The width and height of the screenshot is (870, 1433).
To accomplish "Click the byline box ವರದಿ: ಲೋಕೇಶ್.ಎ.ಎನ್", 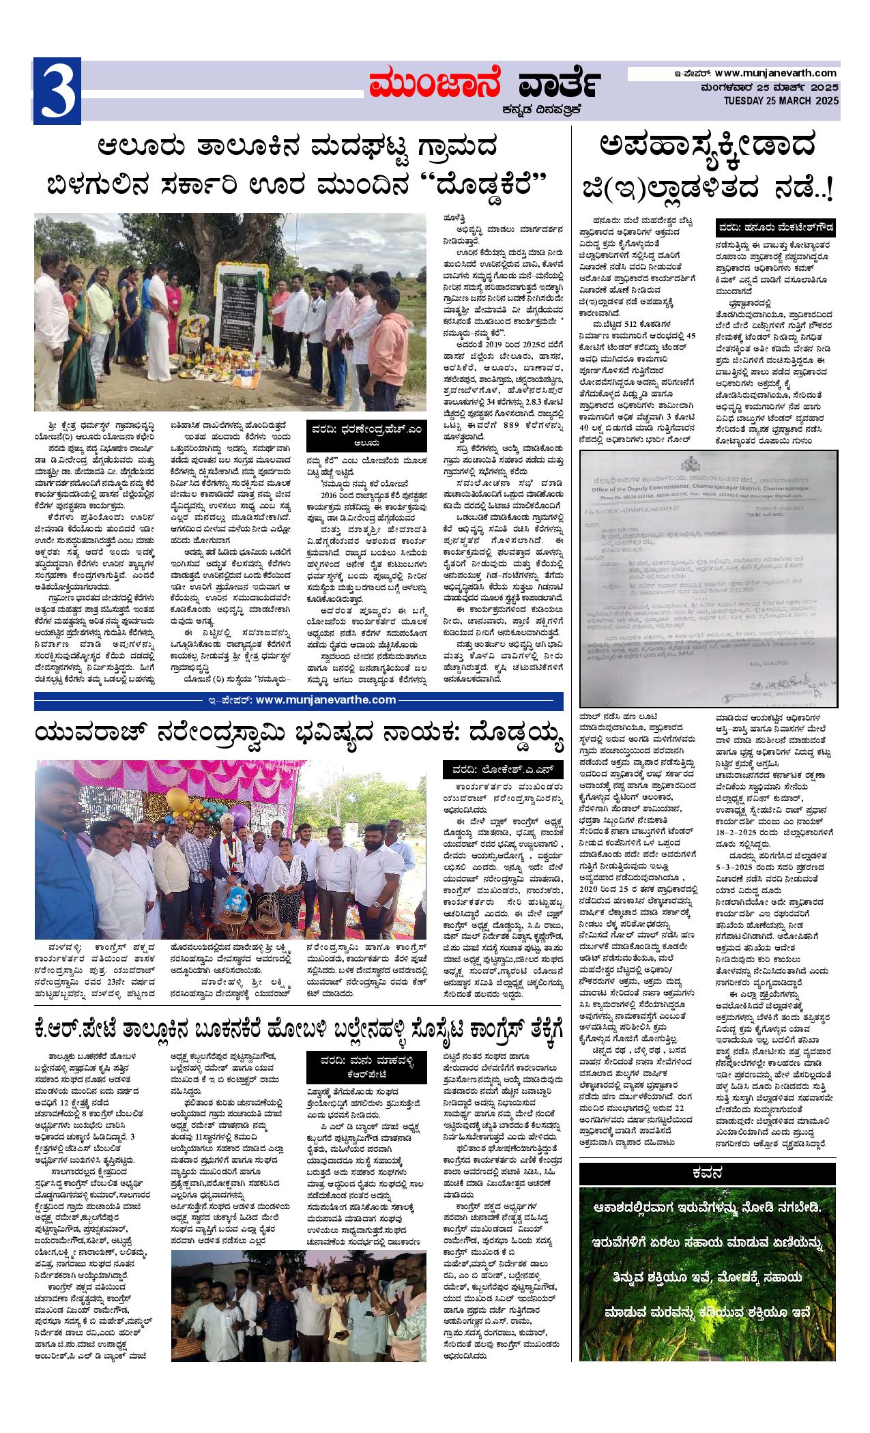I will click(x=503, y=770).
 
